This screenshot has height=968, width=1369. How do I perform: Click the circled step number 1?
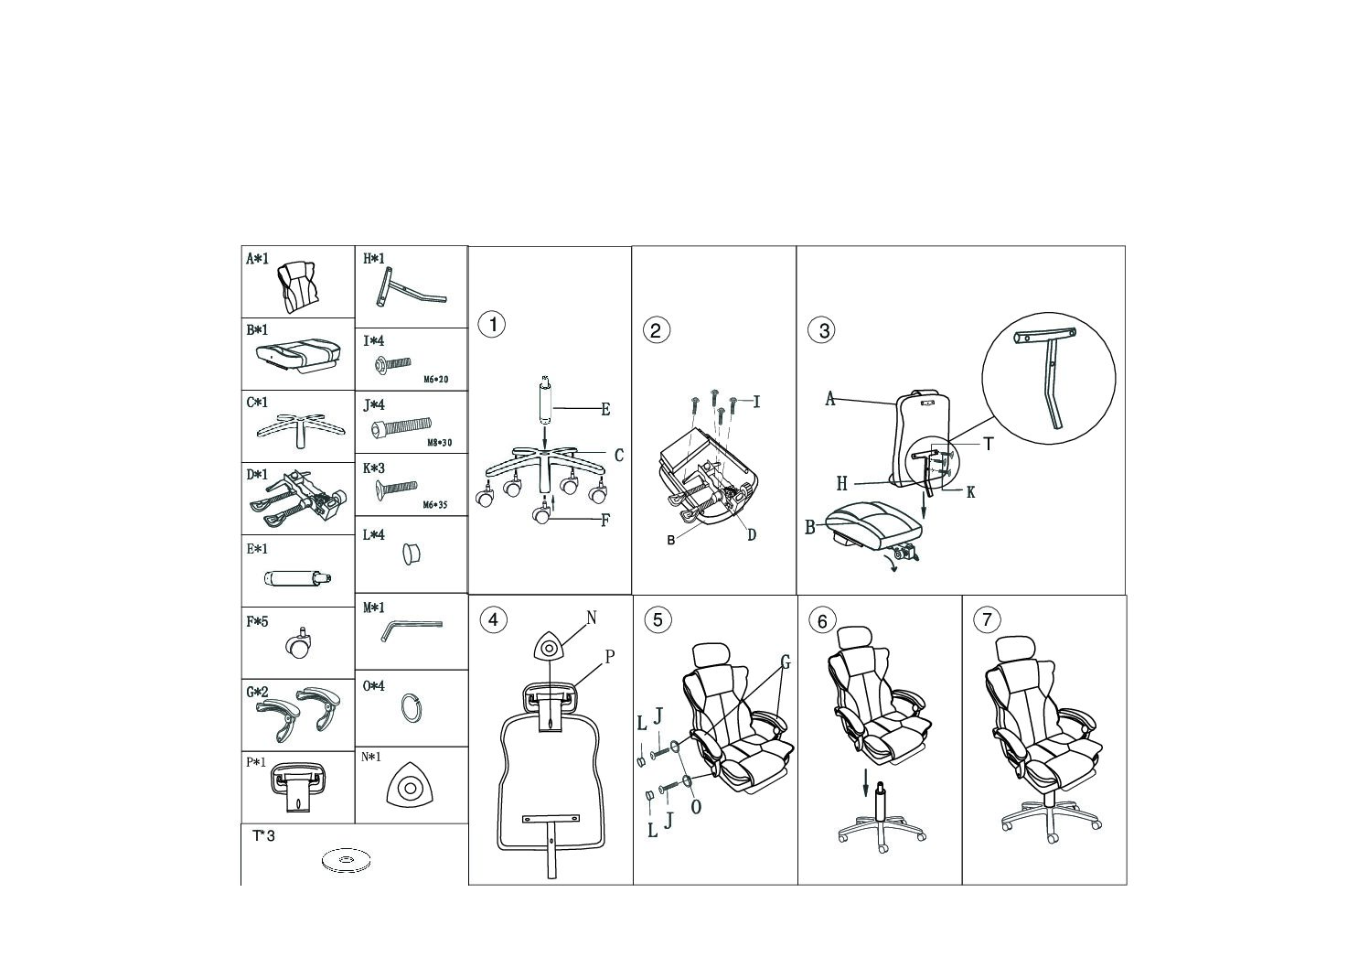tap(491, 324)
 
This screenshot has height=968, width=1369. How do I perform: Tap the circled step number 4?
tap(493, 620)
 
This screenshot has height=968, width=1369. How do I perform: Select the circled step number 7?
tap(987, 620)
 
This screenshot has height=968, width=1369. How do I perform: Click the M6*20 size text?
tap(436, 379)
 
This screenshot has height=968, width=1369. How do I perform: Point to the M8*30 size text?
tap(439, 443)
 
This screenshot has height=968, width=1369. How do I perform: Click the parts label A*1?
tap(257, 259)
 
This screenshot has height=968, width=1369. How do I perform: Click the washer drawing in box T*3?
tap(346, 860)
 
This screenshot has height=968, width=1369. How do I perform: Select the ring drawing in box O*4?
tap(412, 709)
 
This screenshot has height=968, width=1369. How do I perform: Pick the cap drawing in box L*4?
tap(412, 554)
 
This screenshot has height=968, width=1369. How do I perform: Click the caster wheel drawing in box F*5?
tap(298, 644)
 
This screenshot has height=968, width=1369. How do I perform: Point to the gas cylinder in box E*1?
tap(298, 578)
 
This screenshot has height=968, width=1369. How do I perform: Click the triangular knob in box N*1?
tap(412, 785)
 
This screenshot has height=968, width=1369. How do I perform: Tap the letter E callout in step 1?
tap(605, 409)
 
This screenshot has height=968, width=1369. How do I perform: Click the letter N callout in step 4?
tap(591, 618)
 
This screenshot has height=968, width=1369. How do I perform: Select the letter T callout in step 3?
tap(988, 445)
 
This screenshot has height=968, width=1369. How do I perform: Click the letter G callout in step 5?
tap(786, 662)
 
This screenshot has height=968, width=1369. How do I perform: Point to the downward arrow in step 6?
tap(865, 782)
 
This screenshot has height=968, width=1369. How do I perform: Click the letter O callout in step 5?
tap(696, 807)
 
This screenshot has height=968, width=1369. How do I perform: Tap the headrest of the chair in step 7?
tap(1014, 651)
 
